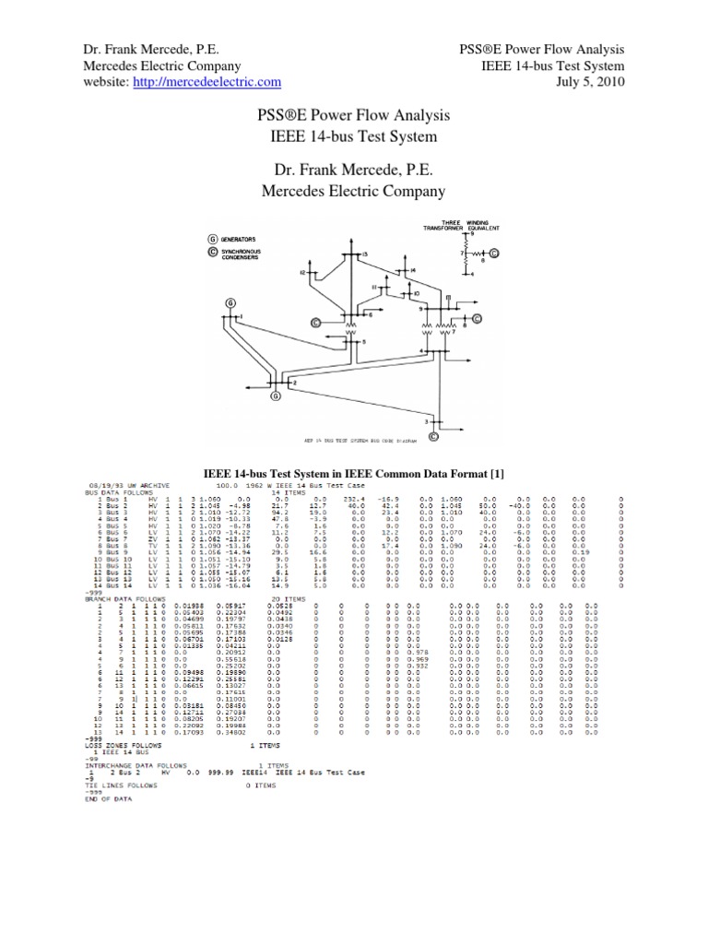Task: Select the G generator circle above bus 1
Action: [230, 303]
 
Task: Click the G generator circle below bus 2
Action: [275, 396]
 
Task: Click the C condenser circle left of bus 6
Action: [315, 323]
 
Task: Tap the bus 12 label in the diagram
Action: [301, 273]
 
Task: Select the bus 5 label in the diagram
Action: [363, 341]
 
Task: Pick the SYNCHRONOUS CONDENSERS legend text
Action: [244, 254]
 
